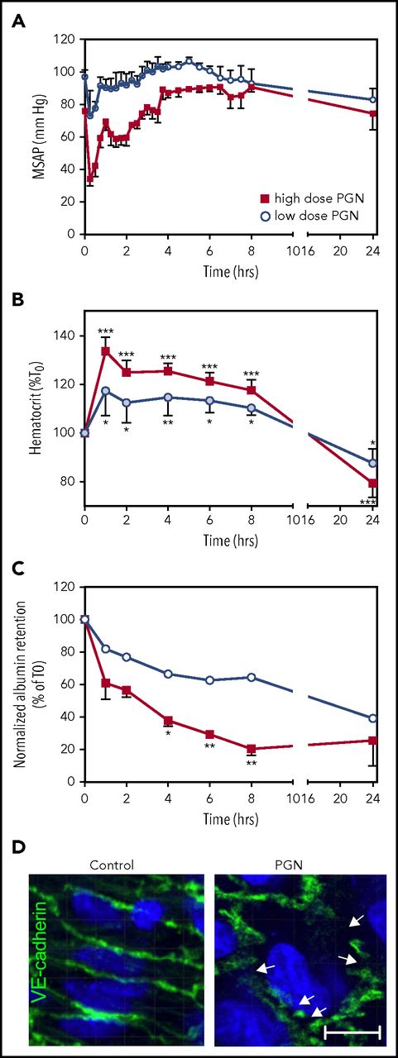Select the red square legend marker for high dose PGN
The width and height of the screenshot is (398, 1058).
point(265,198)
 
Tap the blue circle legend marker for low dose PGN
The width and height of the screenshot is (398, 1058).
point(265,215)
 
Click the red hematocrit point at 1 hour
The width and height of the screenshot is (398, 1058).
point(105,351)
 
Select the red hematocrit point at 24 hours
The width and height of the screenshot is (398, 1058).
point(373,484)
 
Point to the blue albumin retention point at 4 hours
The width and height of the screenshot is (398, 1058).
point(169,674)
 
